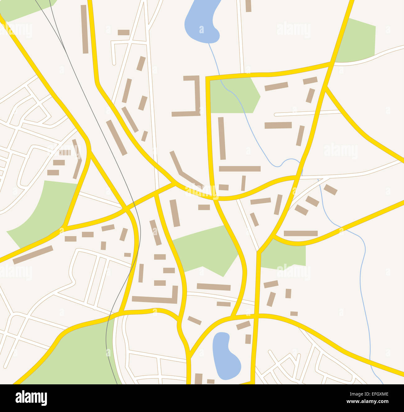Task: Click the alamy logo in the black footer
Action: coord(31,398)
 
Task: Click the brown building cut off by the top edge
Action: coord(248,6)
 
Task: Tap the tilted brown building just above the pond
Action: coord(243,325)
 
